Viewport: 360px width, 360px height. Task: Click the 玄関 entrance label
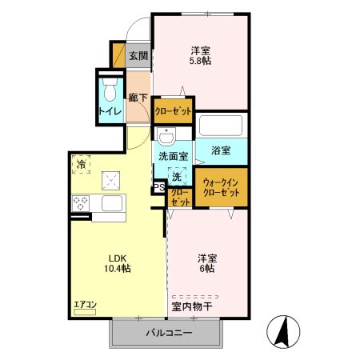pos(138,55)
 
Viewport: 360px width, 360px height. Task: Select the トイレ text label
pos(110,112)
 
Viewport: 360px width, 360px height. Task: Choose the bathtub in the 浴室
pos(222,126)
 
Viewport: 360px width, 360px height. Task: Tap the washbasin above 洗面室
pos(168,134)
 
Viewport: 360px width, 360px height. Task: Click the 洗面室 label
pos(173,157)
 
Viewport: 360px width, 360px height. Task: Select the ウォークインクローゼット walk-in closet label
pos(221,187)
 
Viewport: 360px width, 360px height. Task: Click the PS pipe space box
pos(158,189)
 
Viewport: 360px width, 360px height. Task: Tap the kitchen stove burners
pos(81,205)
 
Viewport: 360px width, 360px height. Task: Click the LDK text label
pos(118,258)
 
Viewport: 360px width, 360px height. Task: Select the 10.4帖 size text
pos(118,270)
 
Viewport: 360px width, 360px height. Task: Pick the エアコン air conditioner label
pos(85,305)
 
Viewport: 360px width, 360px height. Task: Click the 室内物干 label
pos(191,306)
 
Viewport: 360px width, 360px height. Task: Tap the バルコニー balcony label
pos(168,333)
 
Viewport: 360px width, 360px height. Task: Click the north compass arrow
pos(284,330)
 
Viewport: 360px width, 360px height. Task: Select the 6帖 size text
pos(208,270)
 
